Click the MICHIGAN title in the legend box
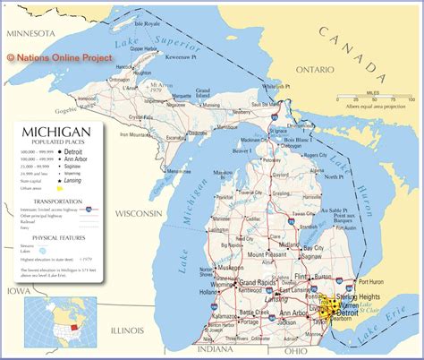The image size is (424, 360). click(x=54, y=133)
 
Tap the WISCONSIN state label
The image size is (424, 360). click(x=132, y=213)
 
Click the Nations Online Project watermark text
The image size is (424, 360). click(x=59, y=57)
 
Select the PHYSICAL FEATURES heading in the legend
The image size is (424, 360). click(x=53, y=236)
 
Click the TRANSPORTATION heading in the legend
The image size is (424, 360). click(x=53, y=201)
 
